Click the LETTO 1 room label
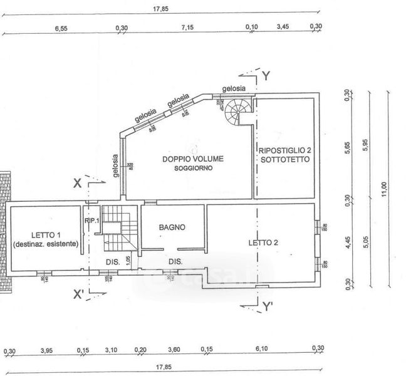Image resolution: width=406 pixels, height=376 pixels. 44,234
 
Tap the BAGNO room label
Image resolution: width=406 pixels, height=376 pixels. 172,227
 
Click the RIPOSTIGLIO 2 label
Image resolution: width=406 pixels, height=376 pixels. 285,151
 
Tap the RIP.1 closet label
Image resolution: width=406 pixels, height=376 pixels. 91,221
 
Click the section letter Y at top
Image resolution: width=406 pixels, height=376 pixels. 266,76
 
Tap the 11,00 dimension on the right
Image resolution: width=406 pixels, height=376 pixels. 383,187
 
